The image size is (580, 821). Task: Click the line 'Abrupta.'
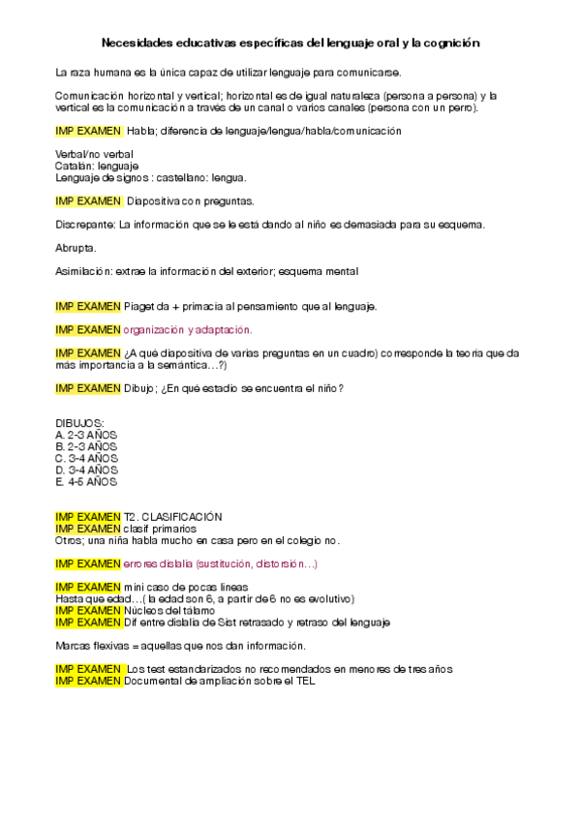tap(76, 248)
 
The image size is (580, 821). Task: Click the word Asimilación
tap(83, 271)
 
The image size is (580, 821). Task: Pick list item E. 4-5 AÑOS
tap(86, 481)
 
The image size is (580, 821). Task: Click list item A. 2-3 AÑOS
tap(86, 435)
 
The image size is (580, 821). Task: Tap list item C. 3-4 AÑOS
tap(86, 458)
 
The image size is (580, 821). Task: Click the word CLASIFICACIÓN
tap(182, 517)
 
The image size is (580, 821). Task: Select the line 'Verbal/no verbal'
tap(94, 154)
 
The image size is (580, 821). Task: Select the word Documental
tap(153, 681)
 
